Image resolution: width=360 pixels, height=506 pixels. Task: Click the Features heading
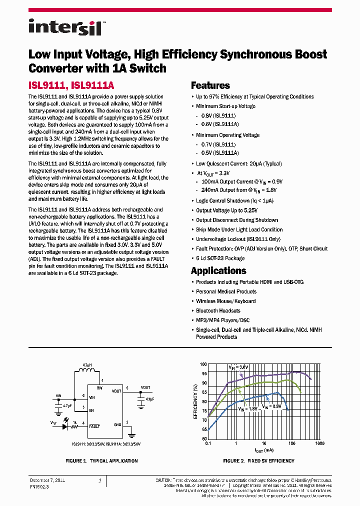(210, 85)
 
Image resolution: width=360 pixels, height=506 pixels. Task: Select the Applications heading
(218, 270)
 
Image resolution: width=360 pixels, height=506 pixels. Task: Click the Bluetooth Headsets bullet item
(218, 311)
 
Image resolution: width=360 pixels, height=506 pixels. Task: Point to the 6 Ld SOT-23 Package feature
(220, 258)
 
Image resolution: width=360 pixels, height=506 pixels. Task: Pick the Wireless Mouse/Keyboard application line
(225, 301)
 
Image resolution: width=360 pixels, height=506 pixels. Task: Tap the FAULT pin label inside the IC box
(94, 426)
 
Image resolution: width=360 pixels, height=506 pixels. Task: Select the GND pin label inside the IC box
(117, 424)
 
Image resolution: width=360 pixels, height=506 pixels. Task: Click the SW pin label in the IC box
(99, 387)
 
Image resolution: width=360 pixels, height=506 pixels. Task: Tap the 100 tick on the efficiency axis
(203, 364)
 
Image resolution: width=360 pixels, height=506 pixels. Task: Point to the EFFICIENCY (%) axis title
(196, 401)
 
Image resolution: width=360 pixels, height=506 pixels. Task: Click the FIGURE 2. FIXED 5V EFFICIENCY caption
(258, 461)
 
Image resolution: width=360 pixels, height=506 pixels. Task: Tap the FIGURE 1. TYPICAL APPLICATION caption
(102, 461)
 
